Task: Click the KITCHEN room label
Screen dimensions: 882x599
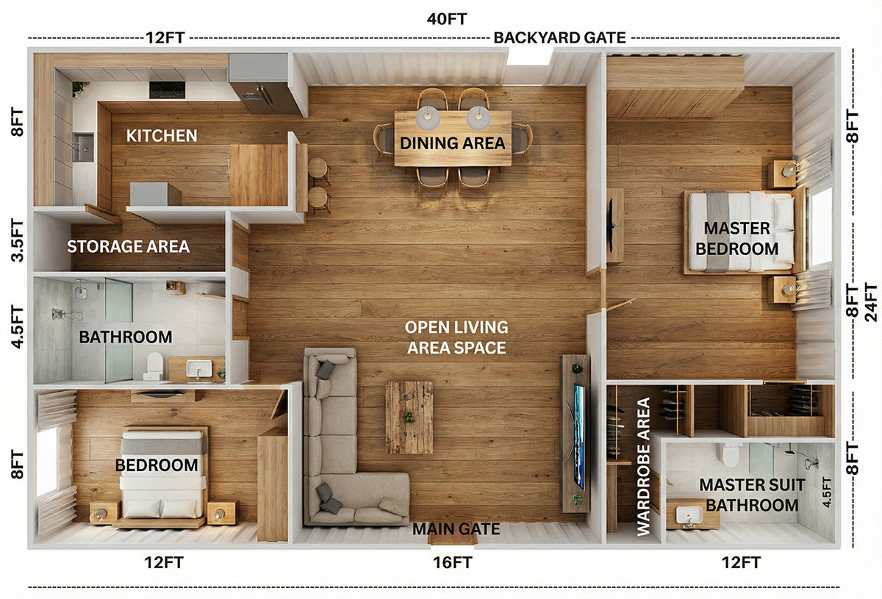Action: [x=162, y=136]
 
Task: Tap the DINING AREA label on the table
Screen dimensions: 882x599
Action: [x=453, y=143]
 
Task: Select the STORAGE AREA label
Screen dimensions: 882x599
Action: [x=128, y=246]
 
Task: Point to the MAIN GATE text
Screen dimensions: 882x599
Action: [x=456, y=529]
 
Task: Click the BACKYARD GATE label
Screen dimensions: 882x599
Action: [x=559, y=37]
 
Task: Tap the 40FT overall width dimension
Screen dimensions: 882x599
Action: [x=447, y=19]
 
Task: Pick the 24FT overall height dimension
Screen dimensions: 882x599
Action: [x=872, y=302]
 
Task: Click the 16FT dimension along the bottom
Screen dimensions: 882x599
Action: [x=453, y=563]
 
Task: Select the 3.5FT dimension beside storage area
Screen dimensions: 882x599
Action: [x=18, y=240]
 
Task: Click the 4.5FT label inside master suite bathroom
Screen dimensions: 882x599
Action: [x=827, y=492]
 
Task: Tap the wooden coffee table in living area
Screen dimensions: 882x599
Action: [x=409, y=417]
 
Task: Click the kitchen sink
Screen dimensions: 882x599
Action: [x=83, y=147]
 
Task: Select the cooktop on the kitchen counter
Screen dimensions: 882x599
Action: [x=167, y=90]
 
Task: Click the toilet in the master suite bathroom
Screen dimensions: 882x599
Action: [x=731, y=455]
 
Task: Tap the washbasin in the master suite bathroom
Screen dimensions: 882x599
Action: [x=689, y=515]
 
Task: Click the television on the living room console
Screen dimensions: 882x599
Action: [x=578, y=437]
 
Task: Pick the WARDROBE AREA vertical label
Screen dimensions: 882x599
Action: [x=643, y=467]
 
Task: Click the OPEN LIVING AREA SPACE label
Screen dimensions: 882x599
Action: [x=456, y=337]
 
